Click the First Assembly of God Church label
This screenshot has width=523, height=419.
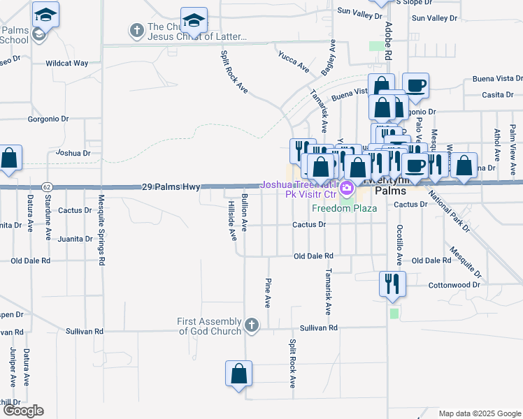209,325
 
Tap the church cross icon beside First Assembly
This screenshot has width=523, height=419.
252,325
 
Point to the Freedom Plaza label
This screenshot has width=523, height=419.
344,208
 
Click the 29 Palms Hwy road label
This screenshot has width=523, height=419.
171,187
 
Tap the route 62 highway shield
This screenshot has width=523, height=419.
46,187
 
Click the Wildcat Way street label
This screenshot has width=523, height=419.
67,63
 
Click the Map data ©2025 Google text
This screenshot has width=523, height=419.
479,413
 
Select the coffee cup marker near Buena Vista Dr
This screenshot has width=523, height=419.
415,85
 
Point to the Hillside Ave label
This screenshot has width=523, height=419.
232,221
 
